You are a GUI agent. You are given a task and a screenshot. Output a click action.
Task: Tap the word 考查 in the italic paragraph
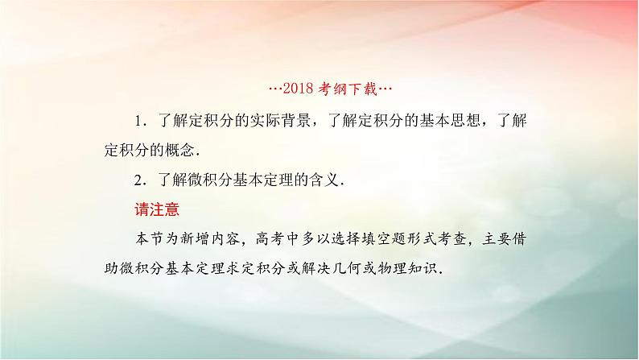[453, 239]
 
